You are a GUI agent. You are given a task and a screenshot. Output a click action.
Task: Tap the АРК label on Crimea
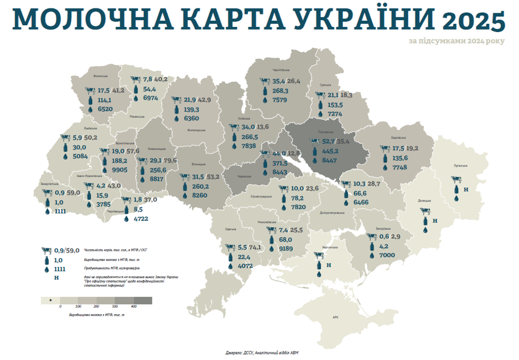[x=336, y=317]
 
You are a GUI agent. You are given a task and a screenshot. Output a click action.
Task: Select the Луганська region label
[x=460, y=165]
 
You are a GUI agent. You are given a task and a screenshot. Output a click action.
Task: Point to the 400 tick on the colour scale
[x=134, y=306]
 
